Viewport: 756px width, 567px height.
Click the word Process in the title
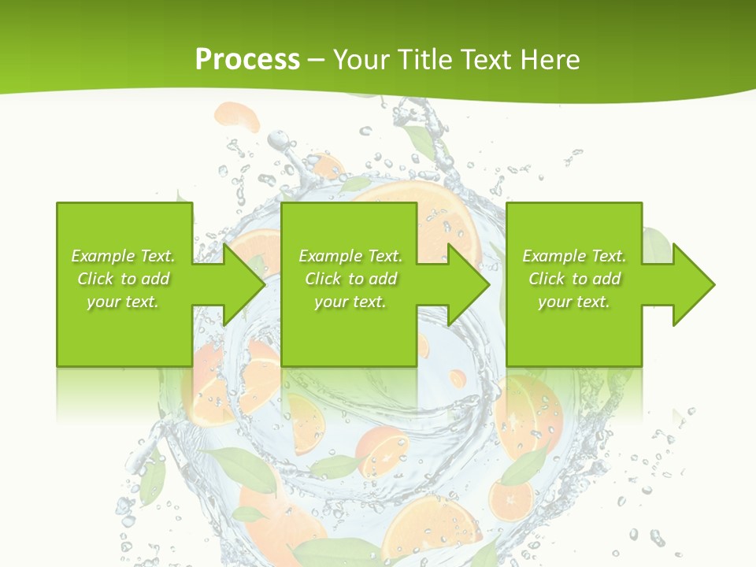tap(247, 59)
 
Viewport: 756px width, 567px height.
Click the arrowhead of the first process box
tap(246, 284)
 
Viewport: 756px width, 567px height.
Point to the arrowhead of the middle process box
tap(470, 284)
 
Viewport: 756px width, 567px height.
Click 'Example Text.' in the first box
tap(123, 256)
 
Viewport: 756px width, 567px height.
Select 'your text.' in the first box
tap(123, 302)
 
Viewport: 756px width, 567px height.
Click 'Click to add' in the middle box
tap(350, 279)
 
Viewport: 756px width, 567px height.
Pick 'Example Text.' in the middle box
tap(350, 256)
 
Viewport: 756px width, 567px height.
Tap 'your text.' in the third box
tap(574, 302)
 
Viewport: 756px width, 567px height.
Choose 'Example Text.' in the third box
tap(574, 256)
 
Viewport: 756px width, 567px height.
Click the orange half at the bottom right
tap(511, 499)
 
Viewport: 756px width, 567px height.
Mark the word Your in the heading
tap(361, 59)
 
